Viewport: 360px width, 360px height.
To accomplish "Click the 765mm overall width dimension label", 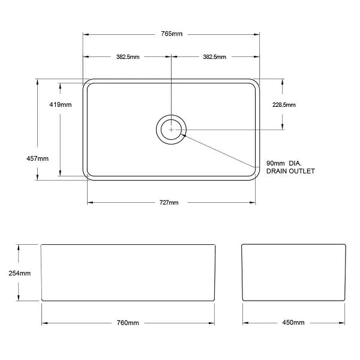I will pyautogui.click(x=172, y=34).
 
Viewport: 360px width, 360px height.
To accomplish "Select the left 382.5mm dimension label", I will pyautogui.click(x=128, y=57).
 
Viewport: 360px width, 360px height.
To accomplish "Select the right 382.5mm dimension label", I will pyautogui.click(x=215, y=57).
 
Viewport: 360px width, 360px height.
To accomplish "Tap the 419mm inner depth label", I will pyautogui.click(x=61, y=105).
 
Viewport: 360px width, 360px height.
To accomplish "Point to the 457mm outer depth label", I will pyautogui.click(x=38, y=158).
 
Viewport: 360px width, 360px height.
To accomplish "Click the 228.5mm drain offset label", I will pyautogui.click(x=284, y=105).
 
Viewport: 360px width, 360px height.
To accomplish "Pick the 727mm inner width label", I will pyautogui.click(x=169, y=203).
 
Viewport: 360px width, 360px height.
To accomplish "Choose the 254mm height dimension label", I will pyautogui.click(x=20, y=273).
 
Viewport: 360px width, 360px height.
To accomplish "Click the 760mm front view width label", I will pyautogui.click(x=128, y=323).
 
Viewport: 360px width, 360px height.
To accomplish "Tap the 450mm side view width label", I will pyautogui.click(x=293, y=323).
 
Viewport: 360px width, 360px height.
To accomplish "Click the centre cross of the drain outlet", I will pyautogui.click(x=172, y=129).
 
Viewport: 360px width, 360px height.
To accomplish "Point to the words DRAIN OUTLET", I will pyautogui.click(x=290, y=172).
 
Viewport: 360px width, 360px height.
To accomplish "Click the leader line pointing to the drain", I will pyautogui.click(x=222, y=149).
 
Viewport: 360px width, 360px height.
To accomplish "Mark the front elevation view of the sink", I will pyautogui.click(x=128, y=272).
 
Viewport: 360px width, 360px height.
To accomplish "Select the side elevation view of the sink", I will pyautogui.click(x=293, y=272).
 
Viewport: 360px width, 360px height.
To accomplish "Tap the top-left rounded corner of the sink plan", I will pyautogui.click(x=86, y=82).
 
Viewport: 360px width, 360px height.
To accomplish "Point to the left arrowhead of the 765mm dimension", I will pyautogui.click(x=85, y=34).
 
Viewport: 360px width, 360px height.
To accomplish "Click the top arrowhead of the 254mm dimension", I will pyautogui.click(x=20, y=247).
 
